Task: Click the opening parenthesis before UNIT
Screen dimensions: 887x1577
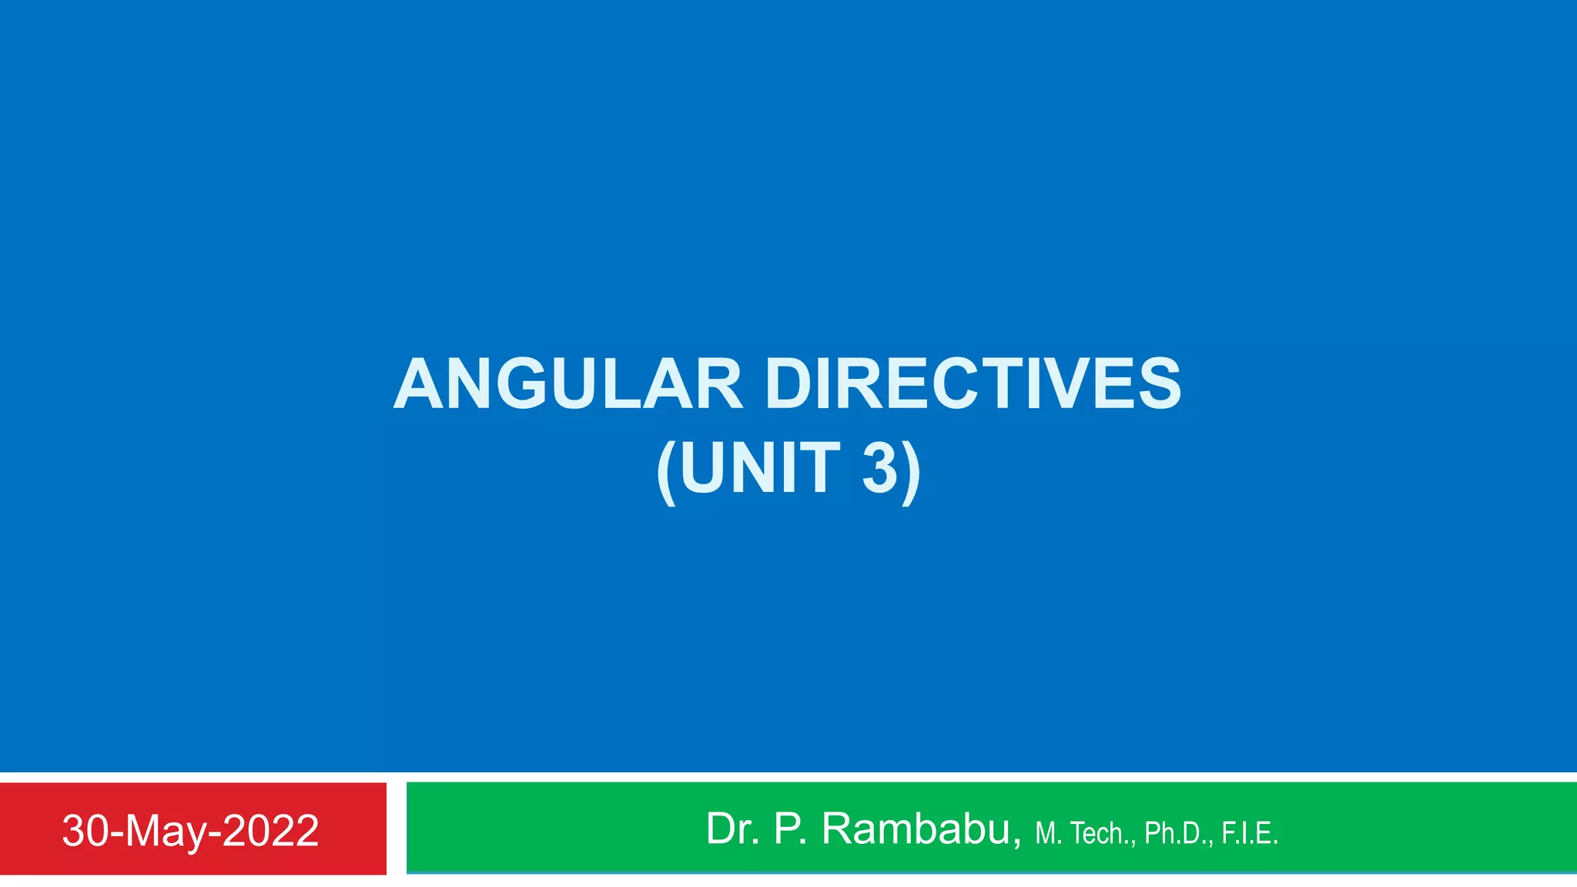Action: point(667,471)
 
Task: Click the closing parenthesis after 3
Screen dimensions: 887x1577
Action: point(911,471)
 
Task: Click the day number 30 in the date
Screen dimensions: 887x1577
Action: point(85,831)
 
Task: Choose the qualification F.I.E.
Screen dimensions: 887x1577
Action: point(1249,833)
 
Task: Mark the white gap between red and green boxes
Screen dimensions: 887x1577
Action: point(396,828)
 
